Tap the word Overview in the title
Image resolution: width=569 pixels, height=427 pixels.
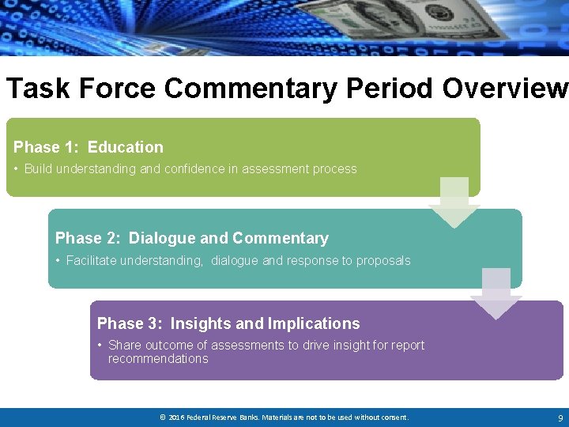coord(504,89)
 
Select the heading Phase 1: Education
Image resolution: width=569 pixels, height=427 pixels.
coord(89,147)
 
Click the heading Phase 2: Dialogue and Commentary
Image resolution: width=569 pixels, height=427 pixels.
coord(191,238)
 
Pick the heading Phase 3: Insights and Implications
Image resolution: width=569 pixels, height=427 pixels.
coord(228,323)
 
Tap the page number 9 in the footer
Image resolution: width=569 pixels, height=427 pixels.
coord(560,418)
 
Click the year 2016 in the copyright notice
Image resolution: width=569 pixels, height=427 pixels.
coord(177,418)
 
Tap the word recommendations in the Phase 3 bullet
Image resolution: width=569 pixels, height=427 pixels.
coord(158,359)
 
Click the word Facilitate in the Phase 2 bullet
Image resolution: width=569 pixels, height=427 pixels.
coord(91,261)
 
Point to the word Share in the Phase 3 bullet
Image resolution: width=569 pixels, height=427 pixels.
coord(123,346)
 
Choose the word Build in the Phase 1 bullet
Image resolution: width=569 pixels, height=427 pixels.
coord(38,169)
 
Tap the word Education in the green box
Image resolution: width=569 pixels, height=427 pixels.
coord(126,147)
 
